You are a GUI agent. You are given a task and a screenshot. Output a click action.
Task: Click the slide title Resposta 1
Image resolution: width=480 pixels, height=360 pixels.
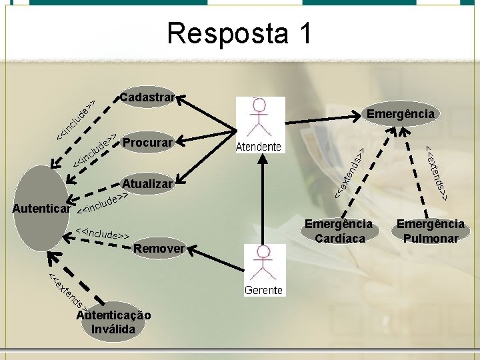239,34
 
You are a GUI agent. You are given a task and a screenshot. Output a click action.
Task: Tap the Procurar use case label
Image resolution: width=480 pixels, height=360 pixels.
148,142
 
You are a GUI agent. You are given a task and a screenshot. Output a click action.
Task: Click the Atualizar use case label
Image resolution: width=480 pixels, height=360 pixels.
147,183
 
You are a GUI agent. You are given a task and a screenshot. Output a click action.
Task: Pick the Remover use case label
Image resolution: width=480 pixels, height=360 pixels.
159,249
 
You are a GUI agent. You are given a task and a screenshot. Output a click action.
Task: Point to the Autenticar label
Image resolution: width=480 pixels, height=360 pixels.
41,209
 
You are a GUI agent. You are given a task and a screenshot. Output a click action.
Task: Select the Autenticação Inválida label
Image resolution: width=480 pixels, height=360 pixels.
113,322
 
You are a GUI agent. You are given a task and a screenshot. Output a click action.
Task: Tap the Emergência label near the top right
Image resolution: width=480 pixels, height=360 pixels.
400,114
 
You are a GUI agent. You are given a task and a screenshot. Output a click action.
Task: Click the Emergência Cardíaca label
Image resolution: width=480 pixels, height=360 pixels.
338,231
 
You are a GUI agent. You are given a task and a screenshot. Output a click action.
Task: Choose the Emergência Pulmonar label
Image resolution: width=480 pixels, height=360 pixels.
430,231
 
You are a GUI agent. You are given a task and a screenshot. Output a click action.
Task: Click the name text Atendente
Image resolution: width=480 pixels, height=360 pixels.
259,147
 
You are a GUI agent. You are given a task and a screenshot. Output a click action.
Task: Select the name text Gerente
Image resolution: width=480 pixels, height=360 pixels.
263,290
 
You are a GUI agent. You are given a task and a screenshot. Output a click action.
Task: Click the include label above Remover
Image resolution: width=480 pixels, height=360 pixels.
102,233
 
